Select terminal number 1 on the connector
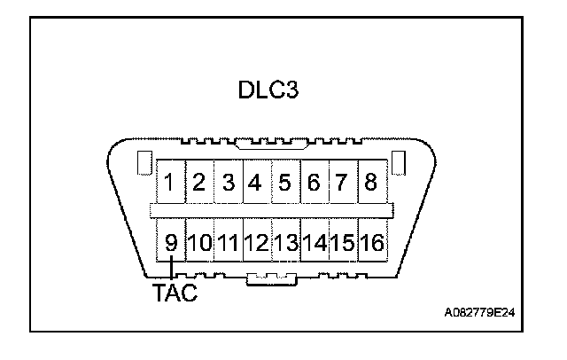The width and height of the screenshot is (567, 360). [x=169, y=184]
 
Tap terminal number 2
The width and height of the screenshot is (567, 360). [x=199, y=184]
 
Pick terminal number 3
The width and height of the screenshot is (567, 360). [x=228, y=184]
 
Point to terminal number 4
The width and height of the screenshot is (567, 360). [x=256, y=184]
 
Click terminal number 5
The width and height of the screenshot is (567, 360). [x=284, y=184]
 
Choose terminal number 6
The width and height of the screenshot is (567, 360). [x=314, y=184]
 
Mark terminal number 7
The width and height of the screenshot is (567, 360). [x=342, y=184]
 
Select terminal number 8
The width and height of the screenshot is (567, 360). [x=370, y=184]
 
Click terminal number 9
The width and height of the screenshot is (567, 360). [x=169, y=242]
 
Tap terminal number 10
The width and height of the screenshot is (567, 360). [x=198, y=242]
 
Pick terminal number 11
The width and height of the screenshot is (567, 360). [x=228, y=242]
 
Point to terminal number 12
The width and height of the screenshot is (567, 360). [x=256, y=242]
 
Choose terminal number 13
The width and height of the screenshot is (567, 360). [x=285, y=242]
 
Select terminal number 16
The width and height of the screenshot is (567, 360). [x=372, y=242]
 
